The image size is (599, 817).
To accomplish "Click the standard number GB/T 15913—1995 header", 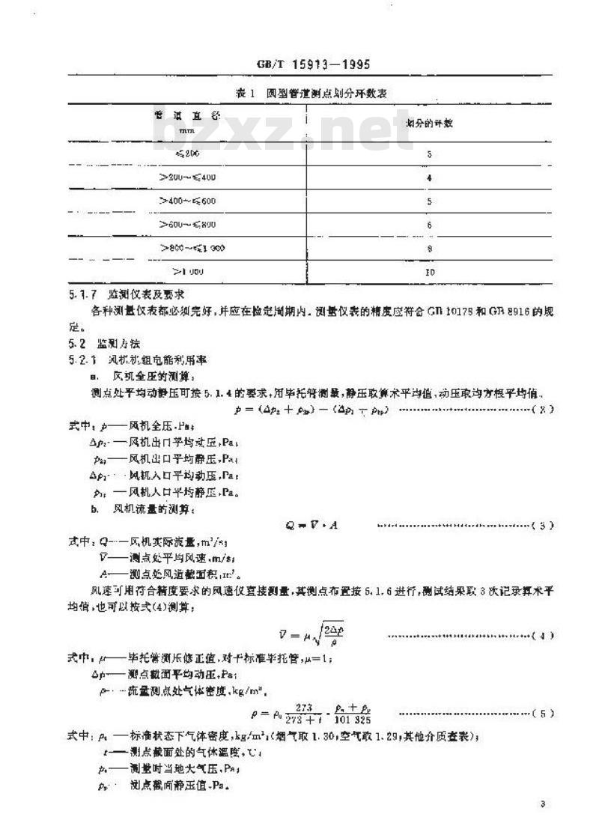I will coord(314,64).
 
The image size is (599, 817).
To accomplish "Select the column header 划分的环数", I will coord(429,124).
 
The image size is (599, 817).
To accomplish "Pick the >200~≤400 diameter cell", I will coord(187,178).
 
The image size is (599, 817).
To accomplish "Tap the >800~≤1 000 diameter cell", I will coord(192,248).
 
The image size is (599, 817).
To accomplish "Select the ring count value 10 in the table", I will coord(429,272).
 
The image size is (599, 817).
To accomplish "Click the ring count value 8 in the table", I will coord(429,248).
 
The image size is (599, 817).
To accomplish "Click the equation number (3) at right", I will coord(546,526).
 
